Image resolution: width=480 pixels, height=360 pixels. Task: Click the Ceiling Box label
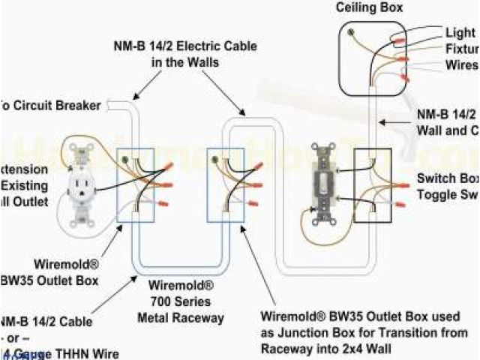tap(369, 7)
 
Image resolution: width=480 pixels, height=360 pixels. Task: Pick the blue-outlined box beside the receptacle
tap(135, 184)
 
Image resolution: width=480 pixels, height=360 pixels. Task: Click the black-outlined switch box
tap(371, 184)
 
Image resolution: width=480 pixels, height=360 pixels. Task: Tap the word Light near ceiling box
tap(460, 33)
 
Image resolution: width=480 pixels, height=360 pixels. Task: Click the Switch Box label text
tap(448, 178)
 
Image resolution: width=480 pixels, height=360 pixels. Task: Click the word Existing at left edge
tap(23, 185)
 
